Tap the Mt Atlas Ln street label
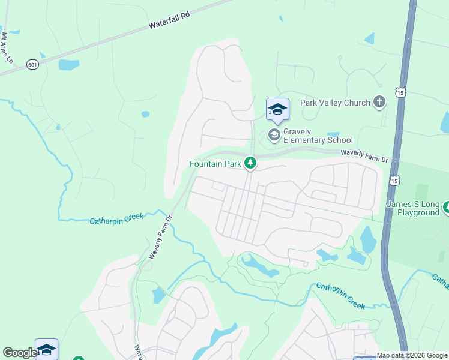click(7, 48)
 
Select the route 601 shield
click(32, 64)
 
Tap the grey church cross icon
click(379, 102)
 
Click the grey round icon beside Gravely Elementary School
click(274, 134)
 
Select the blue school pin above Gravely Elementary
click(277, 110)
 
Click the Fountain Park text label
click(215, 163)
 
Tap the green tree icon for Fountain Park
click(250, 163)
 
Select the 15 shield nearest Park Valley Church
click(401, 92)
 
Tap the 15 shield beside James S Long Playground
click(394, 180)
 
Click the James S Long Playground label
click(413, 208)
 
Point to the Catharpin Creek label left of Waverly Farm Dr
click(116, 220)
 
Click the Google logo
click(19, 353)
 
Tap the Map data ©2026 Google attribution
click(412, 355)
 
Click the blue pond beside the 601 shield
click(68, 65)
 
